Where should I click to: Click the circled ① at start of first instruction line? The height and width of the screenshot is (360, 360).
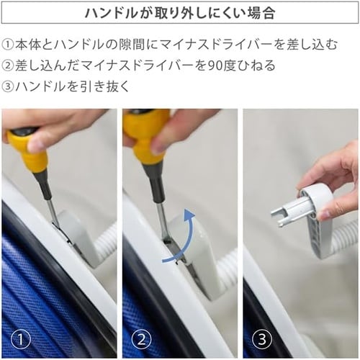point(8,45)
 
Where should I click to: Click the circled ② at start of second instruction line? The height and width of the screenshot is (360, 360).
point(8,66)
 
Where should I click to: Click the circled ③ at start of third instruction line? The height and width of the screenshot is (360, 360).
point(8,86)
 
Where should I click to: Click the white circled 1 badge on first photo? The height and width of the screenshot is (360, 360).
point(21,340)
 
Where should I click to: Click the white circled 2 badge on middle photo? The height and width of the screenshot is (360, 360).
point(142,340)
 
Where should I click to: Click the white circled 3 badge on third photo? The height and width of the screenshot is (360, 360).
point(262,340)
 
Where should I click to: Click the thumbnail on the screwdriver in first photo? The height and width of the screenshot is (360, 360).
point(34,145)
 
